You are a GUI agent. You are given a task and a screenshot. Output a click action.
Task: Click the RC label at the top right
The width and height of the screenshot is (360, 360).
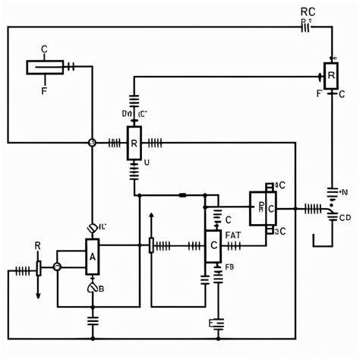(x=308, y=11)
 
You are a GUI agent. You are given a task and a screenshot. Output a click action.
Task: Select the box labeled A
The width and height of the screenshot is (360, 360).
(x=92, y=257)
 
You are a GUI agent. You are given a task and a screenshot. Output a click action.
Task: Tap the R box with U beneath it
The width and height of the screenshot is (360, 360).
(x=134, y=142)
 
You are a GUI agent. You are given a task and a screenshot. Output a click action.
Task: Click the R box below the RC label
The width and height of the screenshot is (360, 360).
(x=330, y=75)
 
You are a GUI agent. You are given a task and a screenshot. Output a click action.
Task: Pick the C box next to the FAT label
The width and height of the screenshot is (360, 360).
(x=213, y=246)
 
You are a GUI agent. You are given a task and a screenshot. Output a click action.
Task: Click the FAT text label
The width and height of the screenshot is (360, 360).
(x=233, y=235)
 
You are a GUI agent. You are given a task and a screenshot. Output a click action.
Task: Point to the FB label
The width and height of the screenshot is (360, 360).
(x=229, y=267)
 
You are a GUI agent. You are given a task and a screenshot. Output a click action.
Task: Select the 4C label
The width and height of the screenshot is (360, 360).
(x=279, y=185)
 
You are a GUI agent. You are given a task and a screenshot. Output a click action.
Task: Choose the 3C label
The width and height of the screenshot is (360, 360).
(x=279, y=231)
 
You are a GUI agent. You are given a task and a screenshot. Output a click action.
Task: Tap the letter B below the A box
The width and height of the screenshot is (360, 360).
(x=101, y=289)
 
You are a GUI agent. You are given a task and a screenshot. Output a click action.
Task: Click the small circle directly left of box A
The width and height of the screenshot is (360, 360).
(x=57, y=267)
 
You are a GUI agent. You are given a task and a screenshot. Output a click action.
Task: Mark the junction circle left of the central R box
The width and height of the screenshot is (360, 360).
(x=92, y=142)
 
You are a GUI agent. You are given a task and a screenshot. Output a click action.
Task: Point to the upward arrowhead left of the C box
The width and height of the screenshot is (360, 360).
(x=151, y=216)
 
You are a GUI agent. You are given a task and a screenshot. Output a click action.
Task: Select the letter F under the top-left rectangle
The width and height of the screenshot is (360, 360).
(x=43, y=88)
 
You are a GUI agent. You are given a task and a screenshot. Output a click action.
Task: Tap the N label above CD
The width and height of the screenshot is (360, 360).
(x=344, y=191)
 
